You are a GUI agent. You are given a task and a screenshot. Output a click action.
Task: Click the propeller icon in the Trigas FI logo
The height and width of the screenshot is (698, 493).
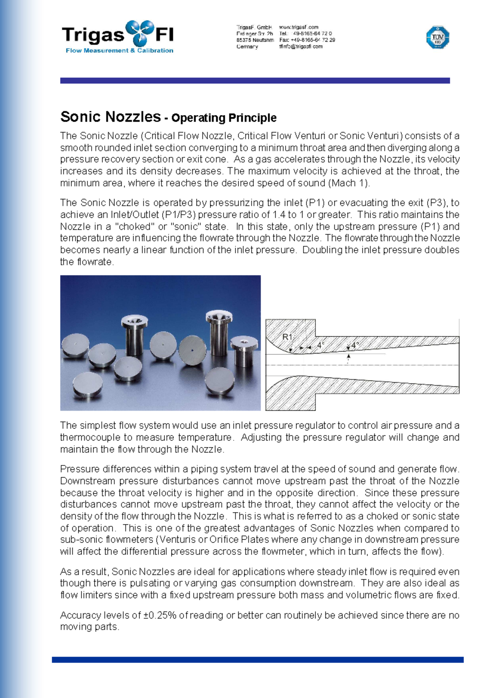(x=139, y=33)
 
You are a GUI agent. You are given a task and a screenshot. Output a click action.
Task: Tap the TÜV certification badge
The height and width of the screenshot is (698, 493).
(x=438, y=37)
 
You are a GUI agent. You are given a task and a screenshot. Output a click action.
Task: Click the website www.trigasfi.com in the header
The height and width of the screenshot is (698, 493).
(x=298, y=27)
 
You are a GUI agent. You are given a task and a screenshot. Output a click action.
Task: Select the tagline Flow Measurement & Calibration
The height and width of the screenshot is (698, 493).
(x=119, y=51)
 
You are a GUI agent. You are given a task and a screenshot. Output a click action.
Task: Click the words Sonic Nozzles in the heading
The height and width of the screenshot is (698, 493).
(x=110, y=117)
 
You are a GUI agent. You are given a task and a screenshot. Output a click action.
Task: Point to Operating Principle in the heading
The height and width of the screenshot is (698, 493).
(x=224, y=118)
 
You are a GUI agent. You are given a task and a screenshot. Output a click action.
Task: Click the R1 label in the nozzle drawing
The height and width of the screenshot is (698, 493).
(x=287, y=337)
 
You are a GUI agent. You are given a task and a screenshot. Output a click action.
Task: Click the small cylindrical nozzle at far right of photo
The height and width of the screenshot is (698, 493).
(x=244, y=351)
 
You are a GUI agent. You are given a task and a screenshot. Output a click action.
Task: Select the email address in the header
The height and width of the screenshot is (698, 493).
(x=301, y=46)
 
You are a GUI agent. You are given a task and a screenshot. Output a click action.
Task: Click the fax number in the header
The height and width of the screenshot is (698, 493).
(x=307, y=40)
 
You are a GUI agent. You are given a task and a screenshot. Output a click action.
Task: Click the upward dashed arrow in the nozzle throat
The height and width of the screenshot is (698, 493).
(x=348, y=359)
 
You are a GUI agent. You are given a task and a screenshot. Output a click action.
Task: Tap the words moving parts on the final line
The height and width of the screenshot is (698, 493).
(x=89, y=627)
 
